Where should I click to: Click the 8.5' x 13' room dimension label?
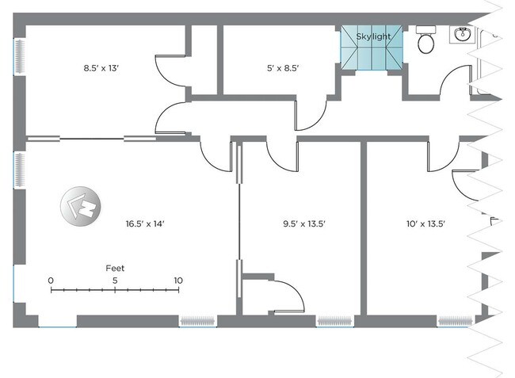pyautogui.click(x=101, y=68)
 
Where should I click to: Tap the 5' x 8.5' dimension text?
pyautogui.click(x=283, y=68)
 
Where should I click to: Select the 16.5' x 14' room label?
pyautogui.click(x=145, y=224)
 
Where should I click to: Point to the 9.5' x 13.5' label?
pyautogui.click(x=304, y=224)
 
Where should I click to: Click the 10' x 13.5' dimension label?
pyautogui.click(x=425, y=224)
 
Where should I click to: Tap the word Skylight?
pyautogui.click(x=373, y=36)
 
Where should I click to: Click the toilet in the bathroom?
pyautogui.click(x=426, y=40)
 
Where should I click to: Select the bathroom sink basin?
pyautogui.click(x=463, y=35)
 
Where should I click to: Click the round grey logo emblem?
pyautogui.click(x=81, y=206)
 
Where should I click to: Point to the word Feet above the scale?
pyautogui.click(x=115, y=269)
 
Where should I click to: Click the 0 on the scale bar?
pyautogui.click(x=51, y=281)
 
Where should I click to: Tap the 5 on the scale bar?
pyautogui.click(x=115, y=281)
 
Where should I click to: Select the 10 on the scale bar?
pyautogui.click(x=178, y=281)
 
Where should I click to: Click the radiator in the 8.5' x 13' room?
pyautogui.click(x=20, y=56)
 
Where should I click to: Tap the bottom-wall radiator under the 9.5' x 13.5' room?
pyautogui.click(x=334, y=321)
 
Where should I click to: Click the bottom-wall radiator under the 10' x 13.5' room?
pyautogui.click(x=456, y=321)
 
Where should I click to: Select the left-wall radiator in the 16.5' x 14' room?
pyautogui.click(x=20, y=170)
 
